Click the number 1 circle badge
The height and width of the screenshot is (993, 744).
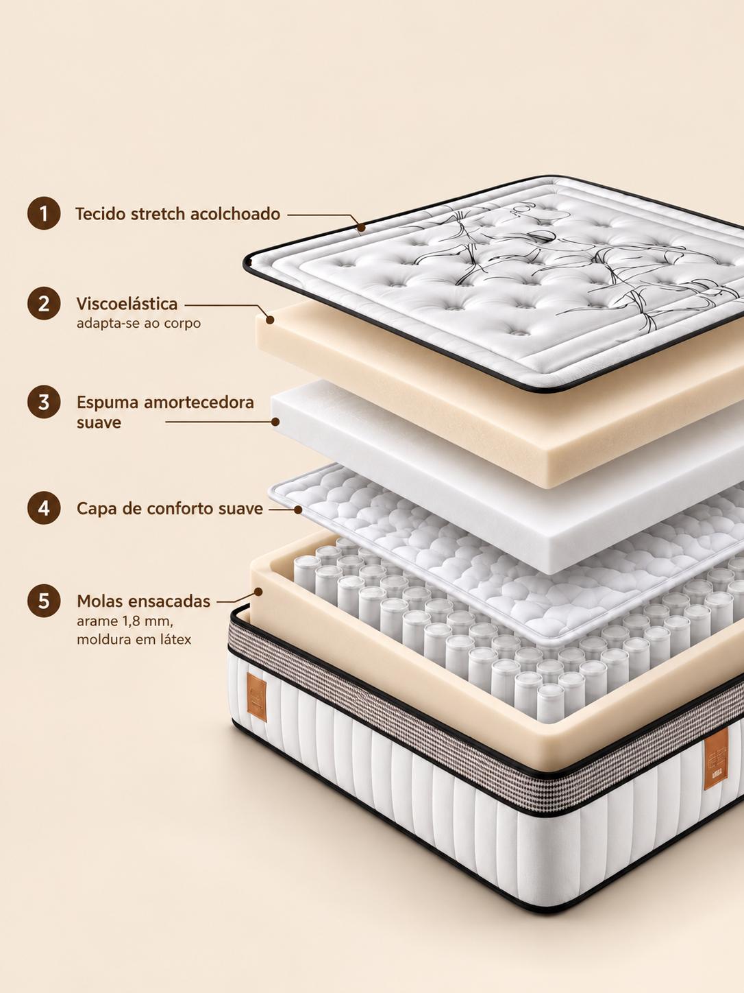click(44, 213)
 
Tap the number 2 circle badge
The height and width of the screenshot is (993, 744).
click(44, 304)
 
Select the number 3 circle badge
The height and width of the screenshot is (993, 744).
click(44, 402)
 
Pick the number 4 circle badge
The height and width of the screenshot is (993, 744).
click(44, 508)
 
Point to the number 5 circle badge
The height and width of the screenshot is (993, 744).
click(44, 601)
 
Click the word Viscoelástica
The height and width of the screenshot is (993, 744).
click(127, 304)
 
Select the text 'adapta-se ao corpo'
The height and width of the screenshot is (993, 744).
click(138, 324)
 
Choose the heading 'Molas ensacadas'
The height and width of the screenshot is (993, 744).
click(144, 601)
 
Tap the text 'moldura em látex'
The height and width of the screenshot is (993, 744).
click(134, 640)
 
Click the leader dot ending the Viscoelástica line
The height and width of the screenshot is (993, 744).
click(270, 320)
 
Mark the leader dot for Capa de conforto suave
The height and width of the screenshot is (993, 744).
click(298, 510)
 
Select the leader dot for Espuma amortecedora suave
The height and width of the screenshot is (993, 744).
click(275, 422)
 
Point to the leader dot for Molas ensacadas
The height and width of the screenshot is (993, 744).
click(258, 591)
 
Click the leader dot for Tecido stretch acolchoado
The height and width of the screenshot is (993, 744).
click(361, 228)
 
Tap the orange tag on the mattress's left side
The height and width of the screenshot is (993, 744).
click(257, 697)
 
